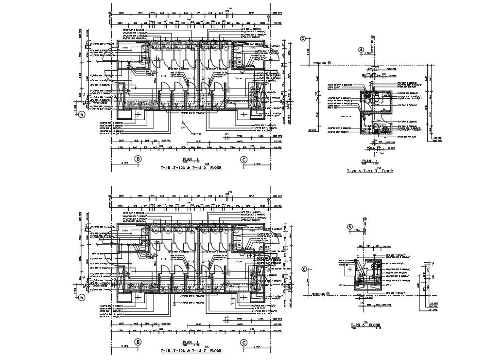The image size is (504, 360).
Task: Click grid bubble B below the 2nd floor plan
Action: (138, 159)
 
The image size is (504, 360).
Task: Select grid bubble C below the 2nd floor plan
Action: (243, 159)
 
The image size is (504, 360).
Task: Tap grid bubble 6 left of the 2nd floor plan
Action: (82, 115)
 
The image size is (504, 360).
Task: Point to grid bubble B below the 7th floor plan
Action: (138, 342)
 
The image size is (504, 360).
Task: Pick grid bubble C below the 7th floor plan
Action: (243, 342)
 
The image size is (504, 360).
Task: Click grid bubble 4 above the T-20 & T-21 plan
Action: (361, 50)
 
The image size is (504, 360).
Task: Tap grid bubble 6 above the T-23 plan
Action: (349, 227)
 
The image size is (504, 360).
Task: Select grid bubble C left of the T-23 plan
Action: (305, 269)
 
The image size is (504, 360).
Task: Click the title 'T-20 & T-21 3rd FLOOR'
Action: (369, 171)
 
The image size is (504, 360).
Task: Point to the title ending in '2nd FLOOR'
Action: (191, 167)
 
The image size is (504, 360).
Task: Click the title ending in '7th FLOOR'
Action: (191, 350)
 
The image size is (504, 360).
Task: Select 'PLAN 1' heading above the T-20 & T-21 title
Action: (369, 161)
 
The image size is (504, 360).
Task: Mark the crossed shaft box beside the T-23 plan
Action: (349, 269)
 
